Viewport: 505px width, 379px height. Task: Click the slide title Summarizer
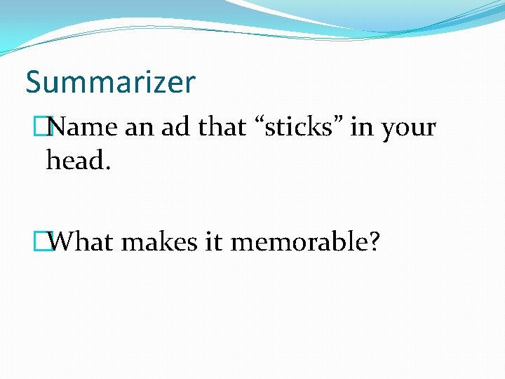pos(110,83)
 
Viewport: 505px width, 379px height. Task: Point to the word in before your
pos(363,128)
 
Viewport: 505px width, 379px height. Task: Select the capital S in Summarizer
pos(34,83)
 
